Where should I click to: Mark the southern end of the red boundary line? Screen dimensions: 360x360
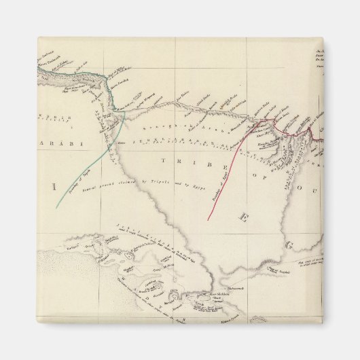208,219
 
